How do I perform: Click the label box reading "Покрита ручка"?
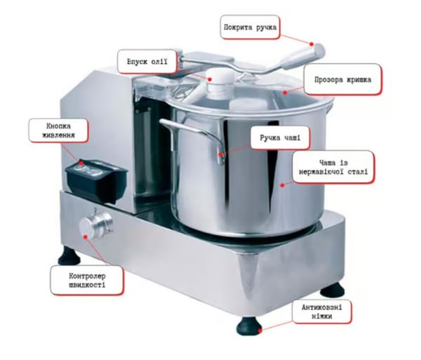click(x=250, y=27)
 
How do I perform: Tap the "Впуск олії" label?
click(x=147, y=62)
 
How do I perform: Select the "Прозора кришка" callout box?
click(x=342, y=79)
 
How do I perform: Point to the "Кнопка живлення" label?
click(x=58, y=131)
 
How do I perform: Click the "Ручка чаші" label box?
click(x=280, y=138)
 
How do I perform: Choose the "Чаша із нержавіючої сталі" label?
click(x=333, y=167)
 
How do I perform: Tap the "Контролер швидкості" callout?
click(x=87, y=280)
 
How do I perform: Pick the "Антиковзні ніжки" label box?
click(x=321, y=312)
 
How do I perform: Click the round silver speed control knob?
click(x=95, y=225)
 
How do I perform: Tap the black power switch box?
click(x=96, y=180)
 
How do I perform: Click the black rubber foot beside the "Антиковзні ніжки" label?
click(x=249, y=326)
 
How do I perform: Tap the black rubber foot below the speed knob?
click(x=69, y=255)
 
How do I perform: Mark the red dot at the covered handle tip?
click(x=312, y=44)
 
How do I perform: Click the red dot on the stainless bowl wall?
click(x=282, y=185)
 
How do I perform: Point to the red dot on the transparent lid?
click(x=285, y=93)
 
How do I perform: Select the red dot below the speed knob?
click(x=86, y=236)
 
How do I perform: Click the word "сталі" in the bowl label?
click(x=358, y=172)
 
